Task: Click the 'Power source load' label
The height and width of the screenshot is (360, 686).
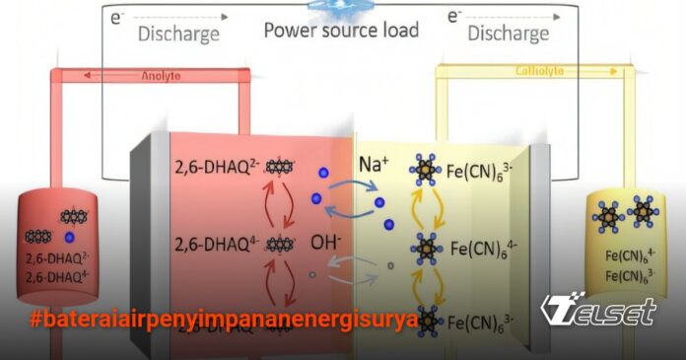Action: [341, 30]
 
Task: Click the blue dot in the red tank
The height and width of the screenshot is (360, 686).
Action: [69, 239]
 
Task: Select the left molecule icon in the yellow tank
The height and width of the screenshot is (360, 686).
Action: [607, 211]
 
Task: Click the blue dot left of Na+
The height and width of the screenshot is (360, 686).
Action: [324, 174]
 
